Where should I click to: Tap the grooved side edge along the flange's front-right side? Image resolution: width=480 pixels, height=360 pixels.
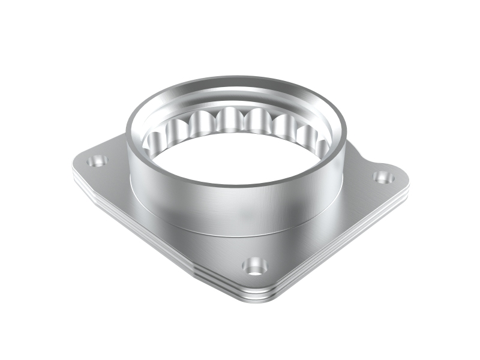pyautogui.click(x=348, y=246)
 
